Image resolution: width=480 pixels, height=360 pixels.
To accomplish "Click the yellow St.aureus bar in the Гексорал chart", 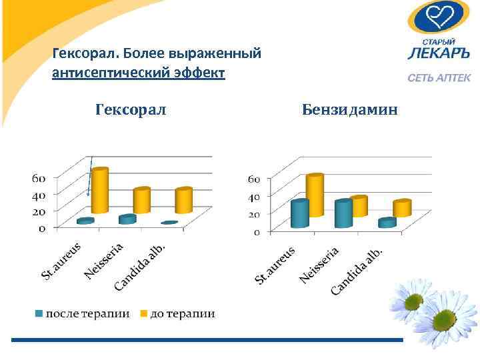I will pyautogui.click(x=99, y=190).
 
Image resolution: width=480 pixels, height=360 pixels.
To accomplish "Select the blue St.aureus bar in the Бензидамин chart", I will pyautogui.click(x=299, y=214).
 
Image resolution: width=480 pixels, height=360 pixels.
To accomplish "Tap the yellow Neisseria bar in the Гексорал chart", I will pyautogui.click(x=141, y=200).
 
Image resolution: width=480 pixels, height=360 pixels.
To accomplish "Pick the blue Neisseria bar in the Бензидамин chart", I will pyautogui.click(x=343, y=214).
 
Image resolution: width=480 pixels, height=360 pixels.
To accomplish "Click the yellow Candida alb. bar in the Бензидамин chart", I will pyautogui.click(x=402, y=209).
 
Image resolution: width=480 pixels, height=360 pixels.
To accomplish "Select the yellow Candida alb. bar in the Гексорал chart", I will pyautogui.click(x=183, y=200).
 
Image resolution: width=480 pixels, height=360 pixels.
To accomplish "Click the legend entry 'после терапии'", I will pyautogui.click(x=83, y=313).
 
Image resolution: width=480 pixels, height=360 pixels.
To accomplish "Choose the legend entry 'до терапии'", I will pyautogui.click(x=177, y=313).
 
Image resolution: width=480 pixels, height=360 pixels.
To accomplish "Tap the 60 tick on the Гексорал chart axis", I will pyautogui.click(x=39, y=178).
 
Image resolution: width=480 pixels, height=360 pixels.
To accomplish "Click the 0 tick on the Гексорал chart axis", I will pyautogui.click(x=42, y=228).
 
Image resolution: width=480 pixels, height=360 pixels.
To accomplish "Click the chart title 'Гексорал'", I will pyautogui.click(x=131, y=108).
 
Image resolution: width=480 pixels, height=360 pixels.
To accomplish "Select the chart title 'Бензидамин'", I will pyautogui.click(x=349, y=108).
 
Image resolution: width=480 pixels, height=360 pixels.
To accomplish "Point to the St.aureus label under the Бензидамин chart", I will pyautogui.click(x=275, y=265).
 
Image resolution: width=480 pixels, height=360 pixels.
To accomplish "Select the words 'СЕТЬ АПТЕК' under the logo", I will pyautogui.click(x=439, y=78).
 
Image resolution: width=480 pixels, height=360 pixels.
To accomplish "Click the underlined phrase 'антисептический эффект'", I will pyautogui.click(x=139, y=71).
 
